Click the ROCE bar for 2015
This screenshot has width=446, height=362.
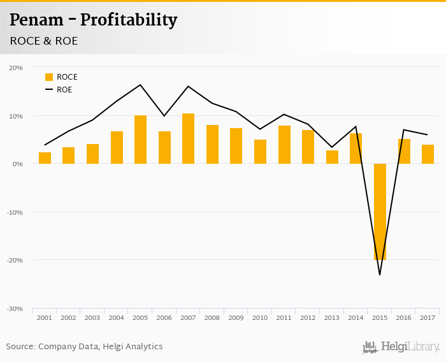pos(380,212)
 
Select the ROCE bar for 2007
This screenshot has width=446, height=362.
pos(188,139)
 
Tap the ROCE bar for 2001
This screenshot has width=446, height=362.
pos(45,158)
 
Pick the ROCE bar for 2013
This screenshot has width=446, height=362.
pos(332,157)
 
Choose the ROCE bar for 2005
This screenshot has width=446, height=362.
pos(140,140)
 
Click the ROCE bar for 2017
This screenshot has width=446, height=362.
pos(428,154)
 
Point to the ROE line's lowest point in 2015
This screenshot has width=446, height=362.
pos(380,275)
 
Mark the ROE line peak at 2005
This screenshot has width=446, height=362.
pos(140,85)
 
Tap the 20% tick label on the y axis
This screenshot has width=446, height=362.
pos(16,68)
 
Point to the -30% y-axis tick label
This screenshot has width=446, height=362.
pos(15,308)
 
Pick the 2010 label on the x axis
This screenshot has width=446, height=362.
pos(260,317)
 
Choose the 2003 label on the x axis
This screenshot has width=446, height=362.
pos(92,317)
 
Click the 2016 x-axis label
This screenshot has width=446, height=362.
pos(403,317)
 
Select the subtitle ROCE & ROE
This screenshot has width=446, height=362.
pos(43,41)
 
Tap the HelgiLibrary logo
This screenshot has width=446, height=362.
pos(401,347)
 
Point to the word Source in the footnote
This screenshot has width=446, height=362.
pos(20,347)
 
